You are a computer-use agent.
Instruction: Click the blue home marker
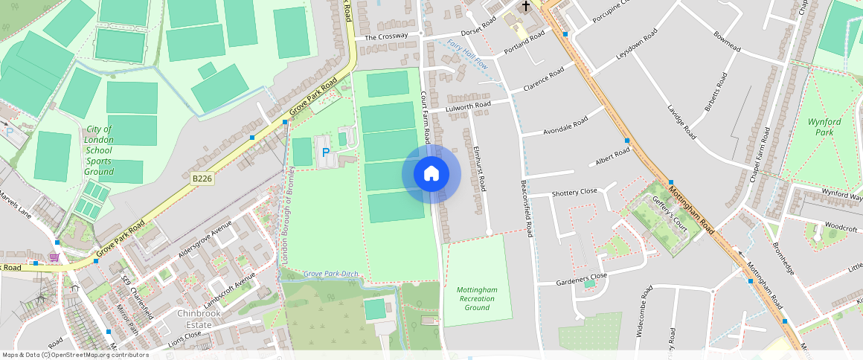pos(431,174)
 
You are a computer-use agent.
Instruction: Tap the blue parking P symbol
pos(325,152)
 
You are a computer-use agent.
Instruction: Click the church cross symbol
pos(526,6)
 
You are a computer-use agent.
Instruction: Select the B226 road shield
pos(202,179)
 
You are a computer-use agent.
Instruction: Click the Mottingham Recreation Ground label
pos(476,298)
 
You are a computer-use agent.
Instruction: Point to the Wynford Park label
pos(824,127)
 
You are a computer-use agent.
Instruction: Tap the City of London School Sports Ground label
pos(99,150)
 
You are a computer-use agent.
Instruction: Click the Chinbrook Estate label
pos(200,318)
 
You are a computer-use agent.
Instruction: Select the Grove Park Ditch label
pos(331,274)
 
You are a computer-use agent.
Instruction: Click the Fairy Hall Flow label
pos(467,54)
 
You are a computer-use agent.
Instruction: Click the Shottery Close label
pos(574,192)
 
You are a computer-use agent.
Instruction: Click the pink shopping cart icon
pos(54,257)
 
